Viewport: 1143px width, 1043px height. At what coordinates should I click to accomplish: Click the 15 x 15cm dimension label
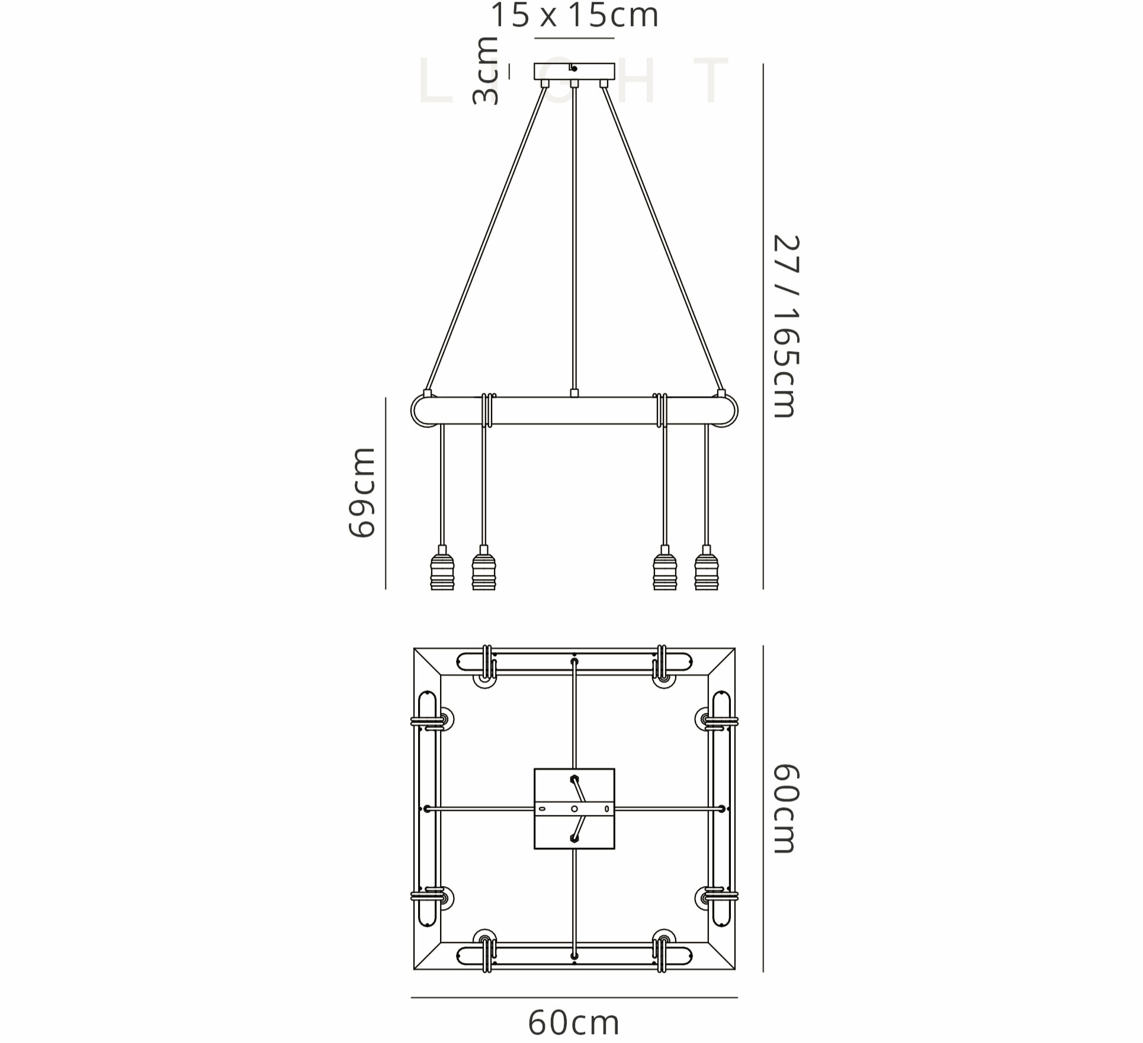(574, 15)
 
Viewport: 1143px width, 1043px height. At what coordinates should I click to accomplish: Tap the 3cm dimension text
(486, 71)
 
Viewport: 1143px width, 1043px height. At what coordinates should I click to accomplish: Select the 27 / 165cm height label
(786, 326)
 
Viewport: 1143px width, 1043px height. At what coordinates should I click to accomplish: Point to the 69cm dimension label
(361, 493)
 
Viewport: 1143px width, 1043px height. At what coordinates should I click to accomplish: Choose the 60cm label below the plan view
(573, 1022)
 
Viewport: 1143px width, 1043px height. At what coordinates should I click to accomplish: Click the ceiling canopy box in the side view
(574, 71)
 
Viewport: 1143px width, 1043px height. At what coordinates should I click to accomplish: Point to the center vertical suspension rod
(574, 237)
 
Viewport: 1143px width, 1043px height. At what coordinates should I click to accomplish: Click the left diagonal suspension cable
(486, 237)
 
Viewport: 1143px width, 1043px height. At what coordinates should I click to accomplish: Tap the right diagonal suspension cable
(662, 237)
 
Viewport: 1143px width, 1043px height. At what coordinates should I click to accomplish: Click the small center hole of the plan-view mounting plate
(574, 809)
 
